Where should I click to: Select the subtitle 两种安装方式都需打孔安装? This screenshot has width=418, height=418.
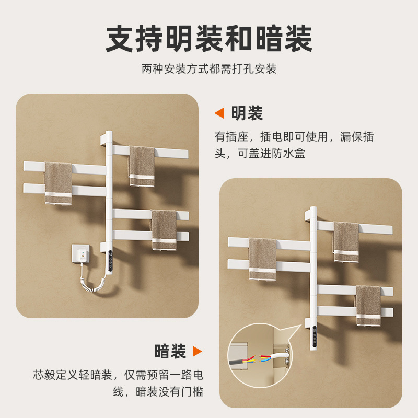click(x=209, y=68)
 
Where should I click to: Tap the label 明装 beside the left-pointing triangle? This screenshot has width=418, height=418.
click(x=247, y=113)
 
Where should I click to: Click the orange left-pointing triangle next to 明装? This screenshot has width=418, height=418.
click(x=220, y=113)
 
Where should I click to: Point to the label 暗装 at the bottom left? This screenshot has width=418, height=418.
click(x=170, y=351)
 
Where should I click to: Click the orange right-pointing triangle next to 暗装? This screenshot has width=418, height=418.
click(x=197, y=351)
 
